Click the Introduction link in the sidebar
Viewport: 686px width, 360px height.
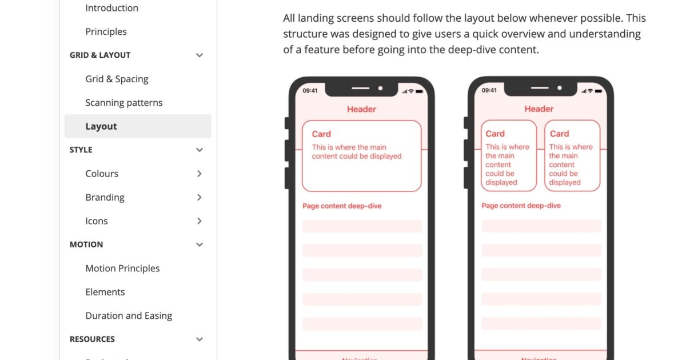111,8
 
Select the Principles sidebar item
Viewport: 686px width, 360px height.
106,31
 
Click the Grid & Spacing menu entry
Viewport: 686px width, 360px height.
117,79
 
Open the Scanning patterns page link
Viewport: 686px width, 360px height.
123,103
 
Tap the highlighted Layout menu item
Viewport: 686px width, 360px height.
101,126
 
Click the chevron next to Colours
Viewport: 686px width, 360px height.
199,174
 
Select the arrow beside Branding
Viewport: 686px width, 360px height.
199,197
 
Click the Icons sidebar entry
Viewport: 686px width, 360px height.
96,221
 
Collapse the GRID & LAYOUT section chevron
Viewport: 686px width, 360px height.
199,55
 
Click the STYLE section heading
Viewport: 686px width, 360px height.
81,150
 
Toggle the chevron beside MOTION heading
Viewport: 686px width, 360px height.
199,245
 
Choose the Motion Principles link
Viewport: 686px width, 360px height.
122,269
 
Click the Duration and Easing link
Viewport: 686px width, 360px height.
129,316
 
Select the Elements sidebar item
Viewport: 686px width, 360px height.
105,292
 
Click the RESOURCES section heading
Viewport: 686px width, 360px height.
92,339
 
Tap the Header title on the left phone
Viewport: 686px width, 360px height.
361,109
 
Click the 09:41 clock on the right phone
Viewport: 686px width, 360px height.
489,90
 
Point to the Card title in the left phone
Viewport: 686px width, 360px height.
321,134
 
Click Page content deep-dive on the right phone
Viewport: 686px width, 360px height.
521,206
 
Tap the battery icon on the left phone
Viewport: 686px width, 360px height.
419,91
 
